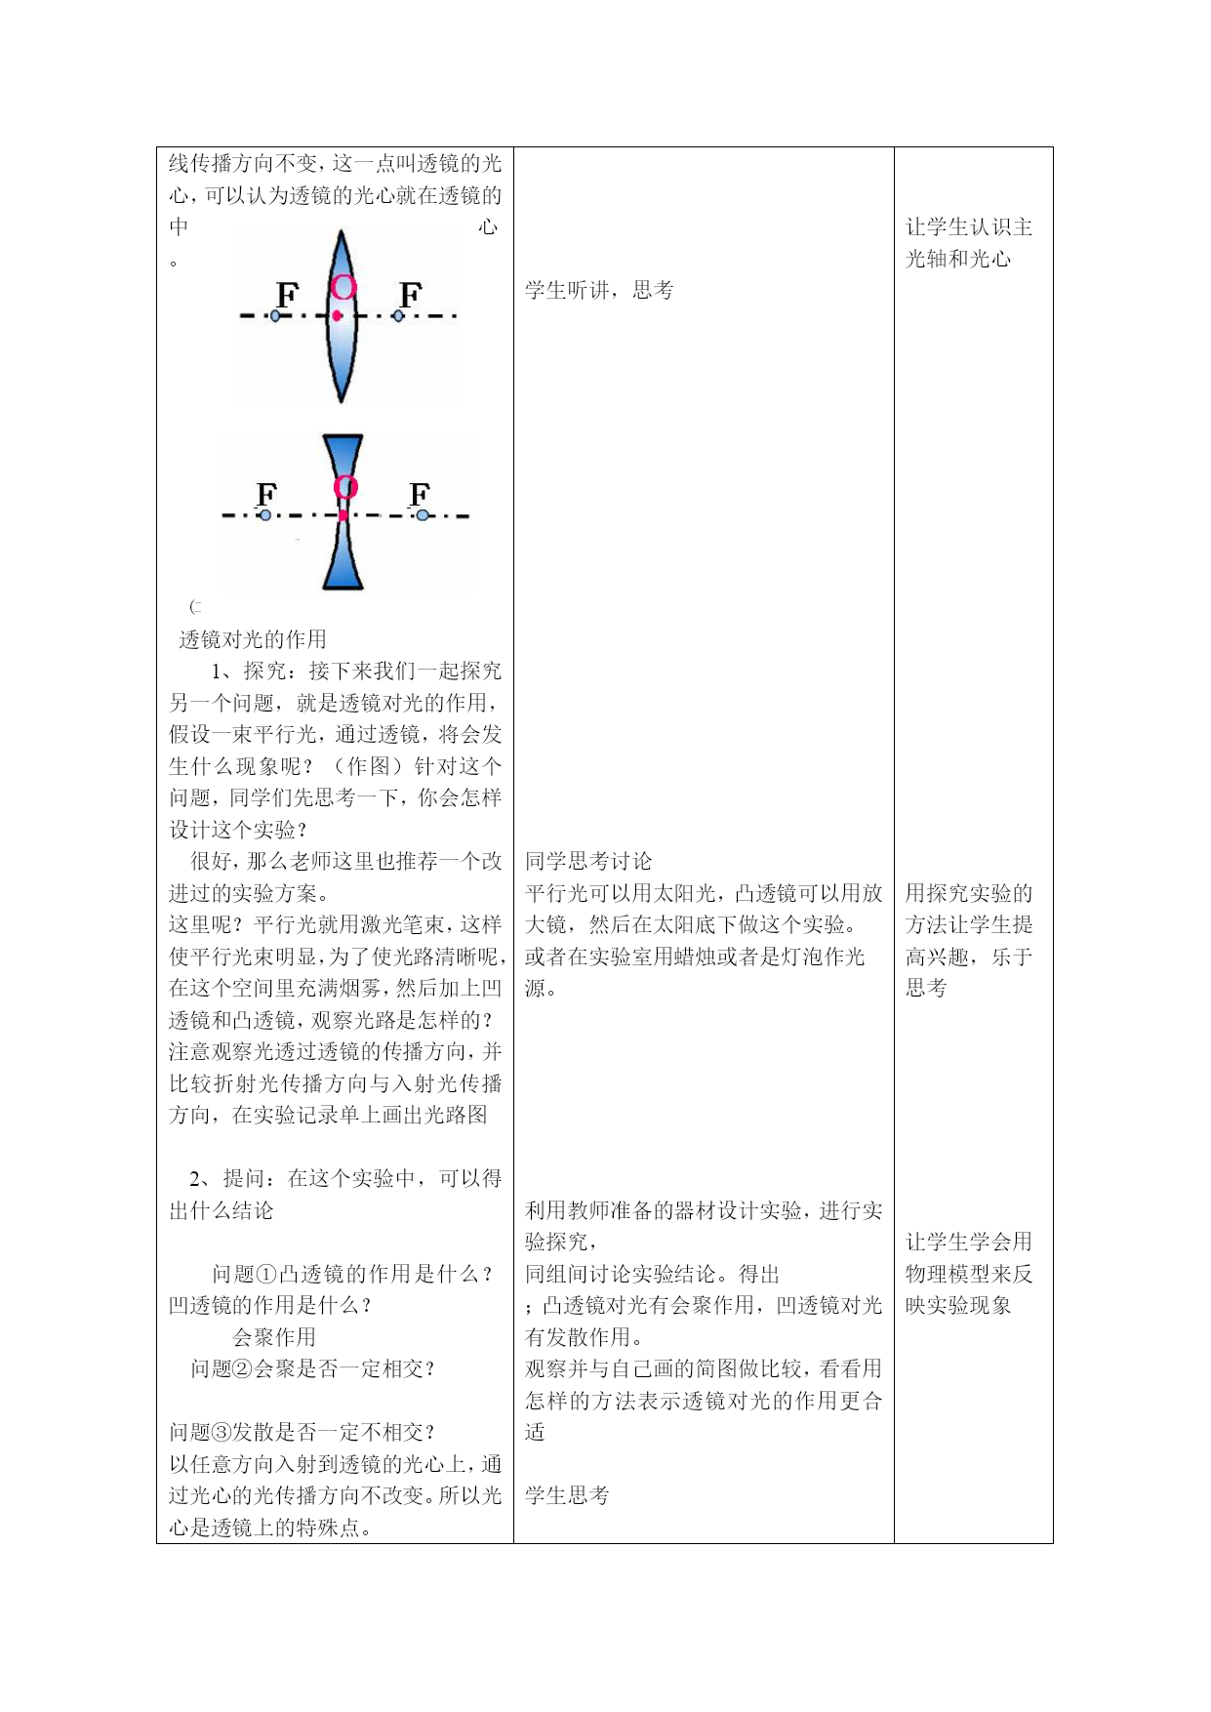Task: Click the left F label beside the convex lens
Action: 287,295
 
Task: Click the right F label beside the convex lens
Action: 411,295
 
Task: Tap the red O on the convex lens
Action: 343,286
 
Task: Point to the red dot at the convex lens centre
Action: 337,315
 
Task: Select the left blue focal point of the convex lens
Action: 275,316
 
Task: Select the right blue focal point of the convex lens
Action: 398,315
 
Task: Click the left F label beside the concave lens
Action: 266,495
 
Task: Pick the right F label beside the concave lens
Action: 420,495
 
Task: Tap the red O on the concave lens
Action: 345,487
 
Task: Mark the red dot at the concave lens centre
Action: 343,515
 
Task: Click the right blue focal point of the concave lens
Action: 422,515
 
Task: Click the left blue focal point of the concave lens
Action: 265,515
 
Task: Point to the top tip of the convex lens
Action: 341,232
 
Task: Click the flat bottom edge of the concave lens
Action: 343,589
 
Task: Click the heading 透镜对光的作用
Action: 253,639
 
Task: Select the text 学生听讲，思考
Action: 599,290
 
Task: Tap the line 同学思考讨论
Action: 588,861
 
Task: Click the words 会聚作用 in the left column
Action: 274,1337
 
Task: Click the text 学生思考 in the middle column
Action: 567,1495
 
